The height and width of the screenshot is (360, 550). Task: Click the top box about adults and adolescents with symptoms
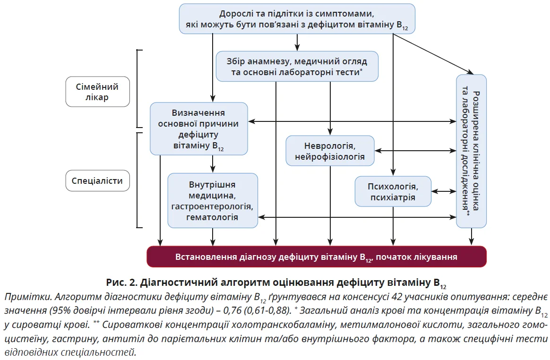tap(297, 19)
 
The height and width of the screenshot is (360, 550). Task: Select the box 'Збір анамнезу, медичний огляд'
tap(297, 66)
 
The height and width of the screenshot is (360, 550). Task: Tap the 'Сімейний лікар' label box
tap(97, 92)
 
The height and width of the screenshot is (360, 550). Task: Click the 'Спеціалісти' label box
tap(97, 180)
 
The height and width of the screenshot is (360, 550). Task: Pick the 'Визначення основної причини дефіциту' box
tap(198, 129)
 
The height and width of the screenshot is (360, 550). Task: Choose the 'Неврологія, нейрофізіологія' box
tap(329, 150)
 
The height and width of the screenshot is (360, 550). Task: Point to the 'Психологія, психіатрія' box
tap(393, 191)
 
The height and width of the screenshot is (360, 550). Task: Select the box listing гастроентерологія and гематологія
tap(212, 200)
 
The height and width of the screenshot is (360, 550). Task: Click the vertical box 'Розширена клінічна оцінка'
tap(471, 151)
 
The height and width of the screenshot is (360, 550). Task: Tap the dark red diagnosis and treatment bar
tap(316, 257)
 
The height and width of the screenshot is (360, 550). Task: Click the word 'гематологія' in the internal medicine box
tap(212, 218)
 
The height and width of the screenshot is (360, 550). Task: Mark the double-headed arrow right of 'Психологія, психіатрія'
tap(443, 191)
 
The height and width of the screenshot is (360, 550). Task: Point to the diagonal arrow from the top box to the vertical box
tap(432, 54)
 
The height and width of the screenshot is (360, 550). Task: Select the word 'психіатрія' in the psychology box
tap(393, 197)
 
